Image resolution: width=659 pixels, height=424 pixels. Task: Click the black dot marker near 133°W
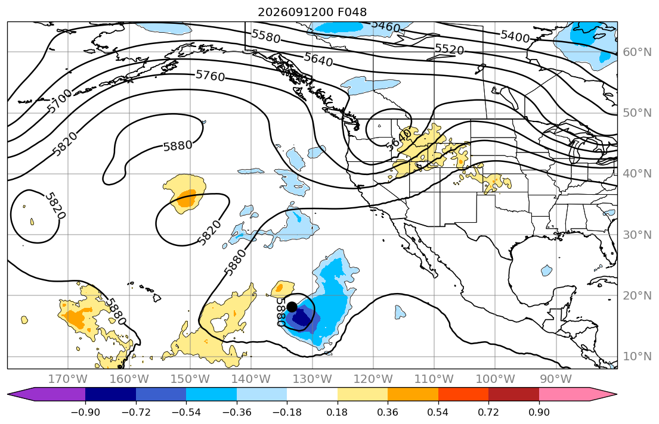pos(292,307)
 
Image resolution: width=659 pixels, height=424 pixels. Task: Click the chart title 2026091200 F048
pos(313,12)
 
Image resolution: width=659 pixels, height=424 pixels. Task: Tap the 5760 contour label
pos(210,76)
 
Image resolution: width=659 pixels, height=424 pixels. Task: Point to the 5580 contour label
pos(265,36)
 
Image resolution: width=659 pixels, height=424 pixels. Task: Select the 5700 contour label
pos(60,102)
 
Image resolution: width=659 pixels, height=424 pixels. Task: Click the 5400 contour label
pos(515,36)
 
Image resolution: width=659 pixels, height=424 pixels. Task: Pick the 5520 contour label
pos(449,49)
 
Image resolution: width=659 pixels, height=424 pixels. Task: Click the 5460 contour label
pos(386,26)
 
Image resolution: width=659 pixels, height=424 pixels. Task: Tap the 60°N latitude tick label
pos(637,52)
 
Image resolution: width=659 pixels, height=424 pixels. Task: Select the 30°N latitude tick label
pos(637,235)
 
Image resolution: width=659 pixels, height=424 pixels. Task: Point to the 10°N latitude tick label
pos(637,357)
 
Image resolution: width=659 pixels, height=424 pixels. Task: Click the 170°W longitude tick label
pos(68,379)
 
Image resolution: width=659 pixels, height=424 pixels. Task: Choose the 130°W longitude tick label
pos(313,379)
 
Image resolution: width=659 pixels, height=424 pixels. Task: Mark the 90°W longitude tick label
pos(556,379)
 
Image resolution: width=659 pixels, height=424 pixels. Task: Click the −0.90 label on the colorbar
pos(85,412)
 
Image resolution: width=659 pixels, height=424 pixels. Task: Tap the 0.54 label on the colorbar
pos(438,412)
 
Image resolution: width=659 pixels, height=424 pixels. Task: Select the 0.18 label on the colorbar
pos(337,412)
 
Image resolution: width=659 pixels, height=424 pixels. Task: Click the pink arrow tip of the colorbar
pos(617,394)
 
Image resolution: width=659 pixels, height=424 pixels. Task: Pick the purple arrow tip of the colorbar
pos(8,394)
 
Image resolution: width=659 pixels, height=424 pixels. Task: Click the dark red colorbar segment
pos(513,394)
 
